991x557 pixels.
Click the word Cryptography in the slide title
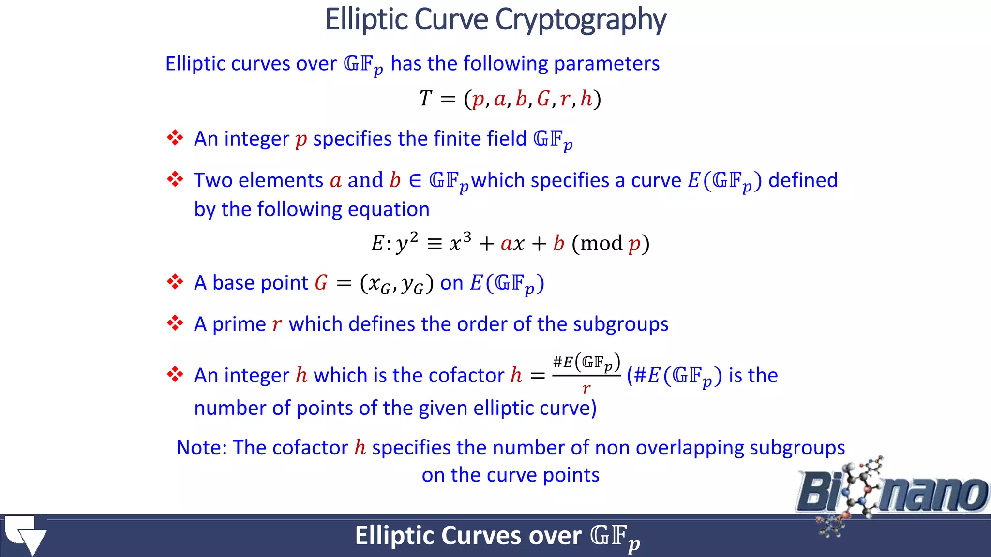click(581, 20)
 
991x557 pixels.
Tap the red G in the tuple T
click(543, 99)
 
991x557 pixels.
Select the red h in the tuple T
click(586, 99)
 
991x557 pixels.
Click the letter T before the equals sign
click(425, 99)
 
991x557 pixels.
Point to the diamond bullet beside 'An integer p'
click(175, 138)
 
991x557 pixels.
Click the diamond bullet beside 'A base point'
click(175, 282)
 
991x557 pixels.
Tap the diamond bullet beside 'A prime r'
click(175, 323)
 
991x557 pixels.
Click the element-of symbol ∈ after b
click(415, 181)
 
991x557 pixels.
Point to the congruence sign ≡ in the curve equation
click(435, 244)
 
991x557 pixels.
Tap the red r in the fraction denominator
click(586, 388)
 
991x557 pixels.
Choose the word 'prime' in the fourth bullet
click(239, 324)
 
